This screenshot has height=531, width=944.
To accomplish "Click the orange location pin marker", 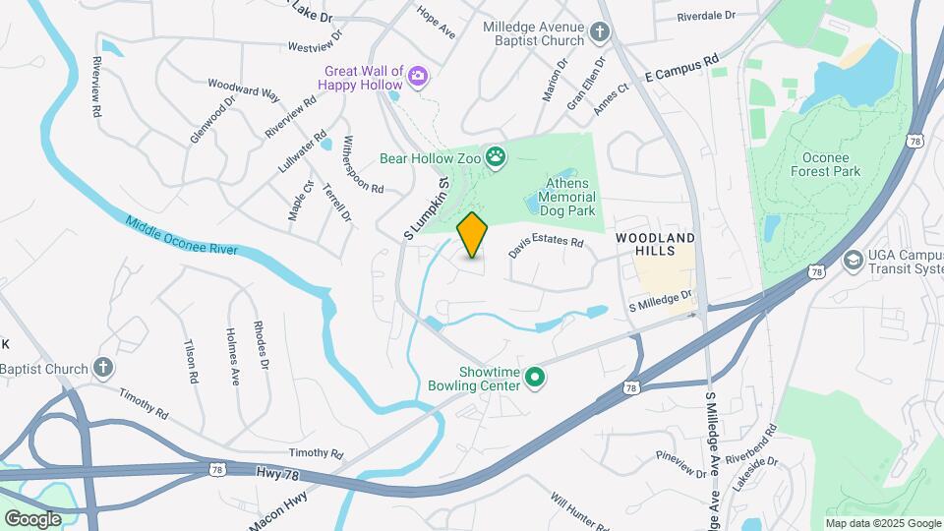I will coord(473,234).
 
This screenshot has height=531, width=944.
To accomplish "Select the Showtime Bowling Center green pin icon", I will coord(535,377).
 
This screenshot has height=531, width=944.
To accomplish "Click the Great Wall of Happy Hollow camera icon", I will coord(418,77).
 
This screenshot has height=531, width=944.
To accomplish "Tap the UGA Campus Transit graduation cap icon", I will coord(853,261).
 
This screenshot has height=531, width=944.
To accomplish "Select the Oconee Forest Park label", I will coord(825,163).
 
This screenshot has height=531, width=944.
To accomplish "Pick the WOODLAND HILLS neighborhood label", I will coord(655,245).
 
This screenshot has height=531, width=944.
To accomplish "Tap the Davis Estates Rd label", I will coord(546,247).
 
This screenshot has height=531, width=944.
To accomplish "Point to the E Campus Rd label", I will coord(682,67).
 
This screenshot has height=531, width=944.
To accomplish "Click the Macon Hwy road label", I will coord(279,509).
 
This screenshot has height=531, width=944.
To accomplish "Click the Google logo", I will coord(32,518).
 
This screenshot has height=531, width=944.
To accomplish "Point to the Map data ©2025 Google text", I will coord(881,523).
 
